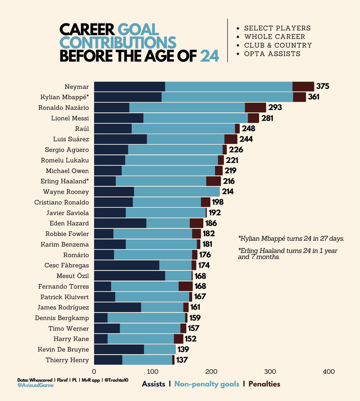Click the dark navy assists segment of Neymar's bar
coord(130,87)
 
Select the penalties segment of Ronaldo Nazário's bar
coord(255,108)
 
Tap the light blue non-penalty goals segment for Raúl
coord(183,129)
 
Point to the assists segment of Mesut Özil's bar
coord(130,276)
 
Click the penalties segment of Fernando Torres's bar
coord(186,286)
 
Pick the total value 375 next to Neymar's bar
coord(323,87)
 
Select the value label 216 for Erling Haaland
coord(229,181)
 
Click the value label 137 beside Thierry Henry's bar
coord(182,360)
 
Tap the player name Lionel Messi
coord(70,118)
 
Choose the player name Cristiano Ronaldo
coord(61,202)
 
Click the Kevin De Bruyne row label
coord(63,350)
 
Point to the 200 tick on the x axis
coord(211,372)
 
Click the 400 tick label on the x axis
coord(329,372)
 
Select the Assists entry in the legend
coord(154,384)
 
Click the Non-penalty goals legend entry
coord(207,384)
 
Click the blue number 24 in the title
coord(209,56)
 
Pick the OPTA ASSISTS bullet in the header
coord(272,54)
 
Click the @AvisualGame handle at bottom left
coord(35,385)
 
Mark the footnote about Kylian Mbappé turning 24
coord(291,239)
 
